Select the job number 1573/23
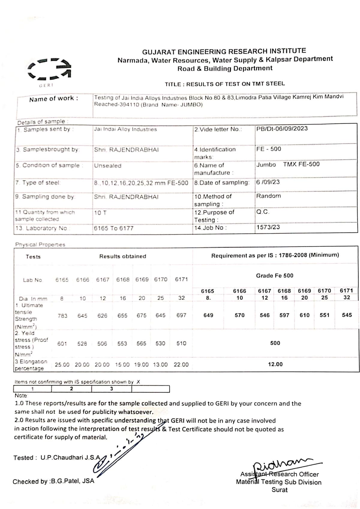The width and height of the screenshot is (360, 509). coord(268,227)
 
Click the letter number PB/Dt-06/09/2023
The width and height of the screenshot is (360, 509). coord(282,128)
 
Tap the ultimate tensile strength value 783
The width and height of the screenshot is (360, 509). coord(62,316)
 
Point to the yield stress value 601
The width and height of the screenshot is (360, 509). coord(62,343)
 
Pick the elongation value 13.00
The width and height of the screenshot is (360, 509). coord(160,365)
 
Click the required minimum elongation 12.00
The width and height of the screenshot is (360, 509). coord(275,364)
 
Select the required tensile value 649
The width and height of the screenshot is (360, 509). coord(208,315)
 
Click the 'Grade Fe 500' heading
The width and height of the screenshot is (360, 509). coord(274,276)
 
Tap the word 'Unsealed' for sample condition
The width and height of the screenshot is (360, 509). coord(108,166)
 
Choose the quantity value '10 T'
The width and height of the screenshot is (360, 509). coord(100,213)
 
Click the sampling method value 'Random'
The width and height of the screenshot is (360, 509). coord(268,196)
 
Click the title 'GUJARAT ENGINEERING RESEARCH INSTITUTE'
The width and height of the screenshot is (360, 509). coord(224,51)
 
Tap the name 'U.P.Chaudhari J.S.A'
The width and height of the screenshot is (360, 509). coord(70,458)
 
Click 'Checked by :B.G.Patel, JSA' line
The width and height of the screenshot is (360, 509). coord(53,481)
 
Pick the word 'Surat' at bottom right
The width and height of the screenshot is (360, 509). coord(279,490)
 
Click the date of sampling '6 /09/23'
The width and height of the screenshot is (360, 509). coord(268,182)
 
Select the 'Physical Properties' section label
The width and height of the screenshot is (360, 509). coord(40,245)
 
